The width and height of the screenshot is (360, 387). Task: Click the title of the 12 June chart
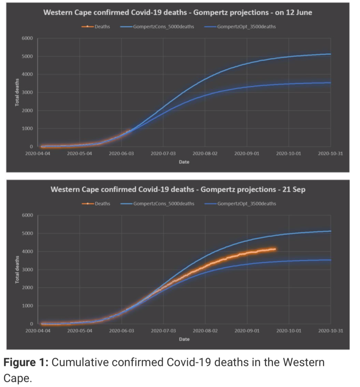pyautogui.click(x=177, y=13)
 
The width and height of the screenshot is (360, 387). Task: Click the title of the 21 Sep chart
pyautogui.click(x=177, y=189)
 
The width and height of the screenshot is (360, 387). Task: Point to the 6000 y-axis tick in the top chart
pyautogui.click(x=28, y=39)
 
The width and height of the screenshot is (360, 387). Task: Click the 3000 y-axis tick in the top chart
pyautogui.click(x=28, y=93)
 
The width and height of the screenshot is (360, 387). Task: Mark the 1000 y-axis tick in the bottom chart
pyautogui.click(x=28, y=306)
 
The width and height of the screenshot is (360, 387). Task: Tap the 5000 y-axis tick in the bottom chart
pyautogui.click(x=28, y=234)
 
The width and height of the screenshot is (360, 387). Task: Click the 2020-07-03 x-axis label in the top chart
pyautogui.click(x=163, y=154)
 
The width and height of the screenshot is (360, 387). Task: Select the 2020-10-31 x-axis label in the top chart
pyautogui.click(x=331, y=154)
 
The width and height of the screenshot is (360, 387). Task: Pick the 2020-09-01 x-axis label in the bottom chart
pyautogui.click(x=247, y=331)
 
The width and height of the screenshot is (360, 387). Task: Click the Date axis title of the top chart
pyautogui.click(x=184, y=162)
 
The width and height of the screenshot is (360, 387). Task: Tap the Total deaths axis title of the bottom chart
pyautogui.click(x=17, y=270)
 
